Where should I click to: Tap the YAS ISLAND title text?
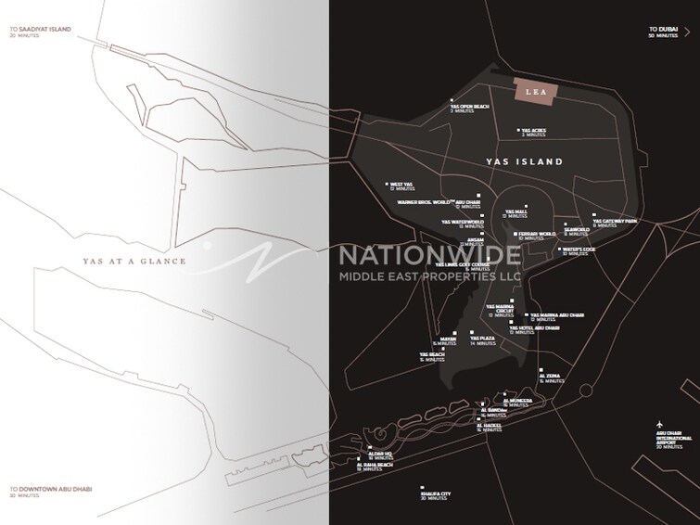pos(525,161)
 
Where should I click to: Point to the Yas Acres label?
pos(534,132)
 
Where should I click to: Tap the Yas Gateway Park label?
pos(616,223)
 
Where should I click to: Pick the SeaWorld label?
pos(577,231)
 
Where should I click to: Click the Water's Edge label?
pos(578,250)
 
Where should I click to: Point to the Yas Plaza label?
pos(482,339)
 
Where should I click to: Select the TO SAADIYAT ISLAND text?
pos(40,30)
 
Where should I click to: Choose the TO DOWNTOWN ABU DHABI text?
pos(51,489)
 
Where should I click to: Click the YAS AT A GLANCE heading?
pos(134,262)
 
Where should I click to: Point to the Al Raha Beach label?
pos(375,466)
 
